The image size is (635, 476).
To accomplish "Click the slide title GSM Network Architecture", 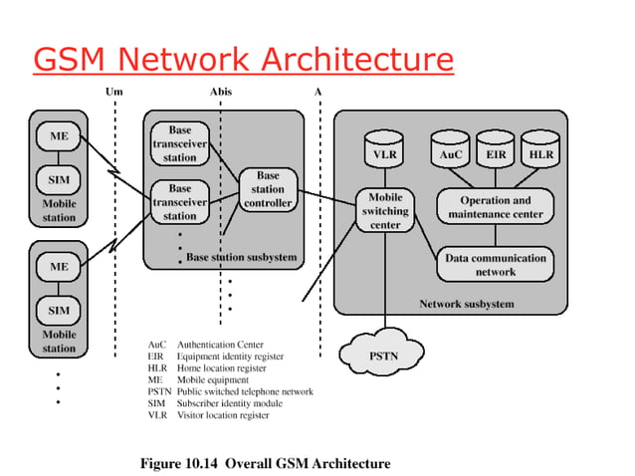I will coord(243,60).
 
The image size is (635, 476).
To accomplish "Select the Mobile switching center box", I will coord(385,211).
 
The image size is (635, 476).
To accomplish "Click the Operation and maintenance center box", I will coord(495,207).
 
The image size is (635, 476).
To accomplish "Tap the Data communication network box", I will coord(495,264).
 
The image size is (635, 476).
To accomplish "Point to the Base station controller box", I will coord(268,189).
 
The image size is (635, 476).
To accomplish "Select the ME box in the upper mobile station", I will coord(59,135).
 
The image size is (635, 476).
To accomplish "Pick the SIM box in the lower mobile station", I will coord(59,310).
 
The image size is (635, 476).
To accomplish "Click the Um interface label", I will coord(114,91).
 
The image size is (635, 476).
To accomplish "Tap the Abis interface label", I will coord(221,91).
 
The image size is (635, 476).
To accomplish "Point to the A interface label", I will coord(318,91).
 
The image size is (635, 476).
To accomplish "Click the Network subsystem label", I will coord(466,304).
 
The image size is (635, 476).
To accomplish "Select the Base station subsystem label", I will coord(241,258).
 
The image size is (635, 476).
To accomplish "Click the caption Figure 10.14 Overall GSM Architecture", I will coord(267,463).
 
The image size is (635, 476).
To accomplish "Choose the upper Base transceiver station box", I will coord(180,143).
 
